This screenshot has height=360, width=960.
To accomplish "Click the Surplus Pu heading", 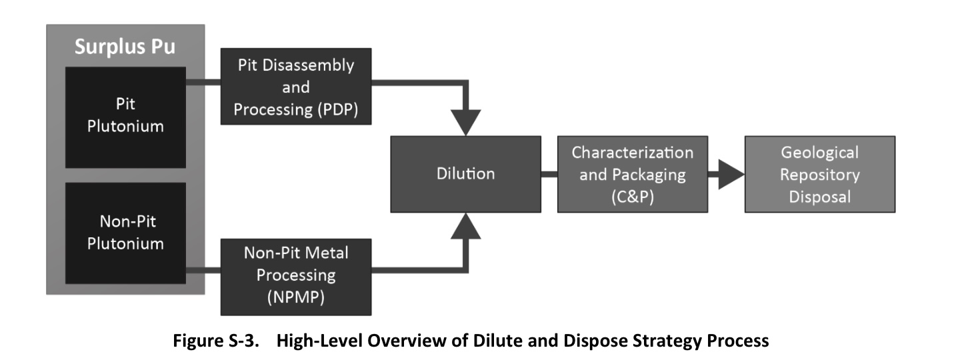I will click(125, 47).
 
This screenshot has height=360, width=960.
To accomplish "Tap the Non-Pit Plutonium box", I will click(125, 233).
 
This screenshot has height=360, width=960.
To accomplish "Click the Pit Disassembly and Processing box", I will click(296, 87).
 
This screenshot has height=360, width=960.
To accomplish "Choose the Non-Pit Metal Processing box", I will click(296, 275).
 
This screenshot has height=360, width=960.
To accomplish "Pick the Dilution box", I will click(465, 174).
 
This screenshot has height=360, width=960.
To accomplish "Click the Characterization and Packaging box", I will click(632, 174).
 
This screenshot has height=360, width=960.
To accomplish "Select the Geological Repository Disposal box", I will click(819, 174).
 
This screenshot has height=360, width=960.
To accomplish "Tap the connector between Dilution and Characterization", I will click(549, 175).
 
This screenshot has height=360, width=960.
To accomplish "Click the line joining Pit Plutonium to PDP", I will click(203, 83).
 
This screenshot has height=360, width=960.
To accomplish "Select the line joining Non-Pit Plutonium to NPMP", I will click(203, 270).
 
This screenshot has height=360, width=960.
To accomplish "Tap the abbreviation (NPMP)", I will click(296, 297).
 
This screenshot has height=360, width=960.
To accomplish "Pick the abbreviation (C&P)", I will click(632, 198).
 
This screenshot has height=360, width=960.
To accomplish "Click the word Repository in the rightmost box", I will click(819, 175).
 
